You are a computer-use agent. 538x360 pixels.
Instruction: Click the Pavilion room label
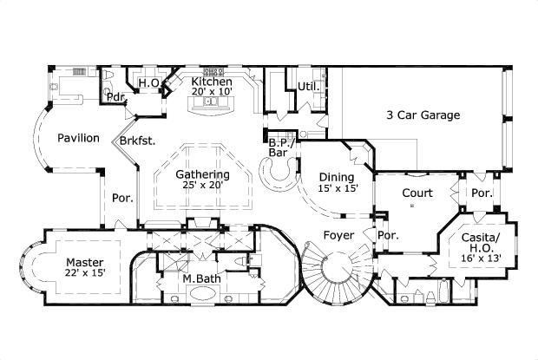78,138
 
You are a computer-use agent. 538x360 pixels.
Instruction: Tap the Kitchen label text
212,82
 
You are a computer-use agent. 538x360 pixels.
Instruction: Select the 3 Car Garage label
423,115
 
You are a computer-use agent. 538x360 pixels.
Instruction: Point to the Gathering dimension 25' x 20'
202,185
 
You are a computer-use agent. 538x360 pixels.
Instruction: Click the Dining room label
336,177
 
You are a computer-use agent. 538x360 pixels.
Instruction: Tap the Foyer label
338,235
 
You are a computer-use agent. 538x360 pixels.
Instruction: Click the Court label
418,193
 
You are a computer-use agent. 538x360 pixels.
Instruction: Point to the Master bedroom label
84,262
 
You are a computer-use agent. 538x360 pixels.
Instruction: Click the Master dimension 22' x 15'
84,274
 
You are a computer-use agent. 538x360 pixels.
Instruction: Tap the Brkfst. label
138,141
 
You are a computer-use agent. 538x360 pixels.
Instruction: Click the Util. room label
307,86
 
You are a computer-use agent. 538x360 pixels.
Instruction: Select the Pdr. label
115,96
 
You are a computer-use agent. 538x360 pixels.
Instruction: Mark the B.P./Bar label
279,147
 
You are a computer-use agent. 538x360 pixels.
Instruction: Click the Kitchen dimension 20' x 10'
212,92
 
